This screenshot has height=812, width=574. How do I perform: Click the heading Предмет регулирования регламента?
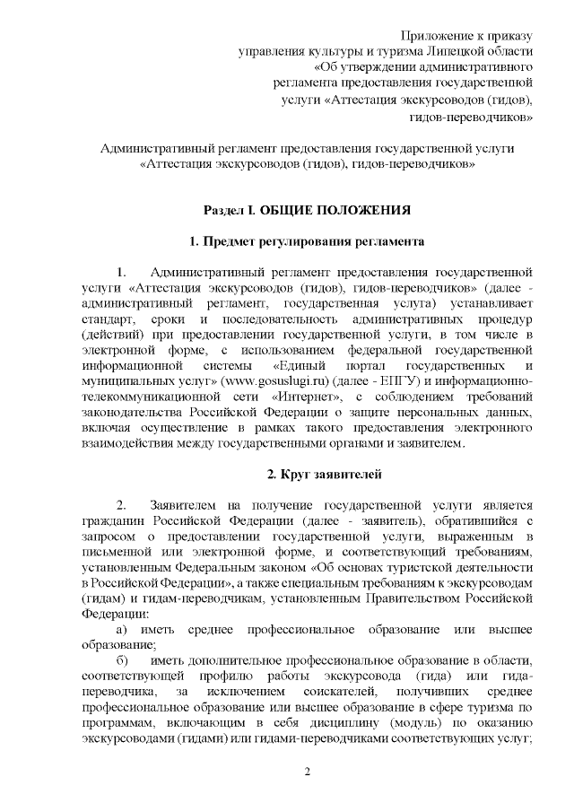pos(307,241)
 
